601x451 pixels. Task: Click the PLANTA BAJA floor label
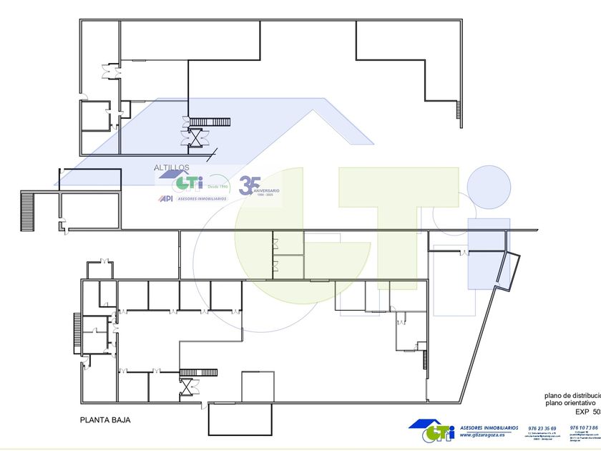[105, 420]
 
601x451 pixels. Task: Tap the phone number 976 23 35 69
[542, 428]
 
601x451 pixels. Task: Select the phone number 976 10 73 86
[585, 427]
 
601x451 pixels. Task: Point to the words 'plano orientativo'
[565, 404]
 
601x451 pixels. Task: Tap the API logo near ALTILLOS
[165, 199]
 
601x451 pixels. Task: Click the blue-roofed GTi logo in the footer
[432, 430]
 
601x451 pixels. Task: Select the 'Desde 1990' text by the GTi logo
[218, 186]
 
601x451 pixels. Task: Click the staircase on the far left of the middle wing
[28, 210]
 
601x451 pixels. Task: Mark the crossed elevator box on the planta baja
[188, 387]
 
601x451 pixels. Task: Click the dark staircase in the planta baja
[198, 372]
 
